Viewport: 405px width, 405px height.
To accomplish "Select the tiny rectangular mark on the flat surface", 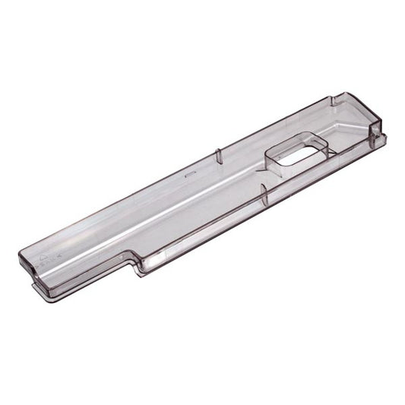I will pos(190,173).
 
